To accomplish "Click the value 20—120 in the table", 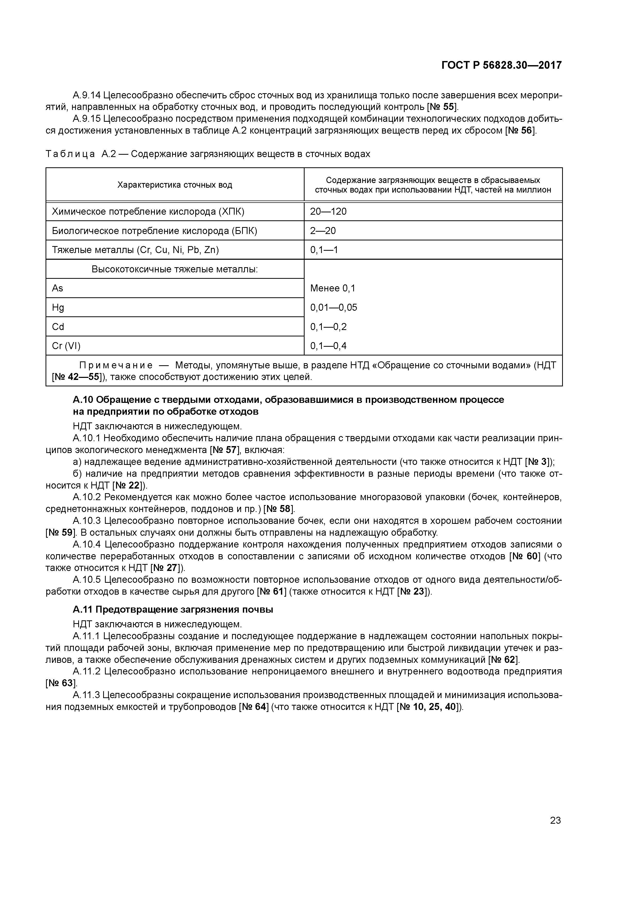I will click(x=328, y=212).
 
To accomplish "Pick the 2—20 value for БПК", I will click(x=323, y=231).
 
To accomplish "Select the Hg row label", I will click(x=58, y=308).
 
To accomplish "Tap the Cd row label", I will click(x=58, y=327).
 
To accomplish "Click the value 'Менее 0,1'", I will click(x=333, y=288).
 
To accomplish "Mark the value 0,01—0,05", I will click(x=333, y=308).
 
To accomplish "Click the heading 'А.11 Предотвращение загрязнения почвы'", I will click(x=173, y=610).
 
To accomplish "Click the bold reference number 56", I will click(x=526, y=130).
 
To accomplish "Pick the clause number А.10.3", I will click(x=87, y=521).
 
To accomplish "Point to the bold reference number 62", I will click(x=510, y=659).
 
